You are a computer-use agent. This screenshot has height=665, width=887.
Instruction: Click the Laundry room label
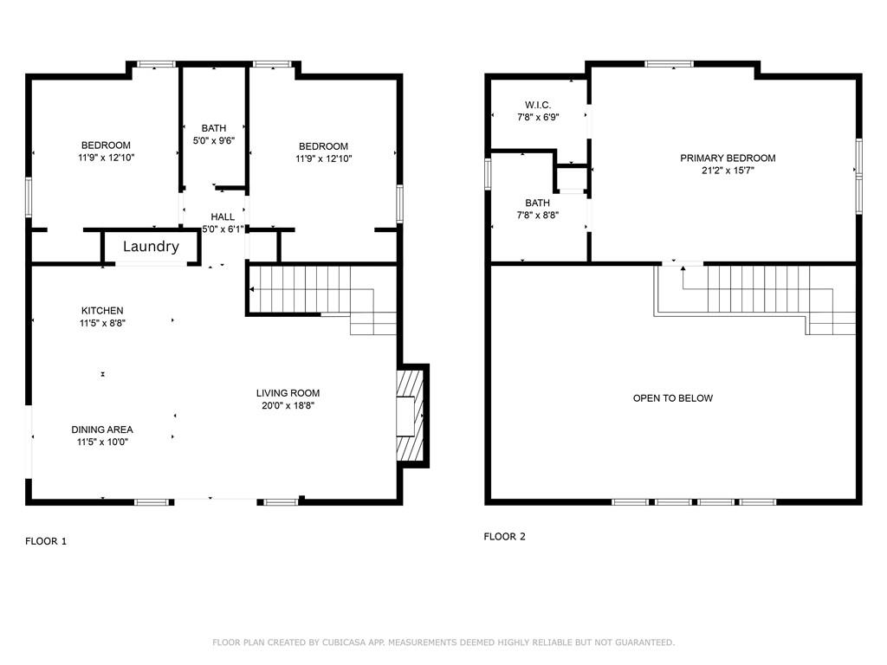click(151, 247)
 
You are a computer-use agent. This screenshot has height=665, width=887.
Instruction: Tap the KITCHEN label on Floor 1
click(102, 311)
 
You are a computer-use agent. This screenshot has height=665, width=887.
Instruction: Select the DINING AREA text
click(102, 429)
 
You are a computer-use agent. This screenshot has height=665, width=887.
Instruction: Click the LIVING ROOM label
click(288, 393)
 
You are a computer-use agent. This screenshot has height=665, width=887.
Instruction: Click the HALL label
click(222, 217)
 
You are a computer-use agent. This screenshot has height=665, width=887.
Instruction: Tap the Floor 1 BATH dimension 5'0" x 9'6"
click(213, 140)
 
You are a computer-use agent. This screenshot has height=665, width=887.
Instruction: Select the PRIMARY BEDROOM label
click(728, 158)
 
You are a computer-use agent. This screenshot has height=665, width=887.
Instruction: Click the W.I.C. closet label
click(538, 105)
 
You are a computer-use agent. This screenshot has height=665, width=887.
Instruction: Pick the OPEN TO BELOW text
click(672, 398)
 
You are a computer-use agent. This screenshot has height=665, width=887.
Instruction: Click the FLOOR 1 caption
click(46, 541)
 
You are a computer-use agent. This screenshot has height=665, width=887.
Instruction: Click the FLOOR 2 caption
click(504, 537)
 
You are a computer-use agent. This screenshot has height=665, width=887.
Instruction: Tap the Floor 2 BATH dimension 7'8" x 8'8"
click(537, 216)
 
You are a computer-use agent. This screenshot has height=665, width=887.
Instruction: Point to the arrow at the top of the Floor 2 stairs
click(683, 270)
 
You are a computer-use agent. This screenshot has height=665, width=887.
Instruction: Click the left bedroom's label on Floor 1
click(106, 145)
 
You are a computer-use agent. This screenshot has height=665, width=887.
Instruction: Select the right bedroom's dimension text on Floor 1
click(323, 158)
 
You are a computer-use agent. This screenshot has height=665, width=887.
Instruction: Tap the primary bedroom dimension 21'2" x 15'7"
click(728, 171)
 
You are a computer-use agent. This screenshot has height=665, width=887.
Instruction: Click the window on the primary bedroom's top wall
click(669, 63)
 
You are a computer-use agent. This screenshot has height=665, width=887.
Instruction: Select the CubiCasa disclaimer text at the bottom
click(443, 642)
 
